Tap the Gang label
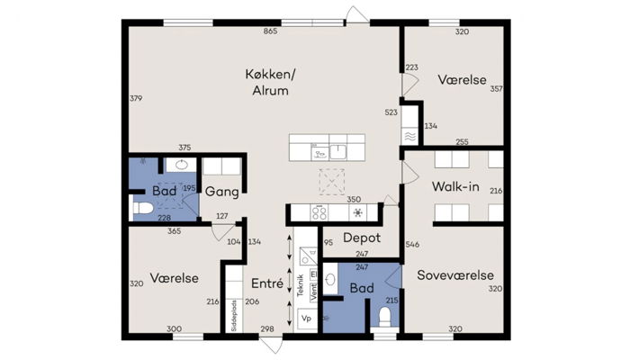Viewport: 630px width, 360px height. click(x=220, y=192)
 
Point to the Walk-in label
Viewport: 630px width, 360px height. click(x=454, y=187)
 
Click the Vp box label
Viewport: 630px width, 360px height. click(x=306, y=319)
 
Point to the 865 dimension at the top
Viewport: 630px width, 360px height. click(x=269, y=32)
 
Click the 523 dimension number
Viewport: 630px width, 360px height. click(x=391, y=112)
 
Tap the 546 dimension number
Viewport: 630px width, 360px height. click(x=412, y=244)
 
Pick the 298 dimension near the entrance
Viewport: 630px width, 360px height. click(x=267, y=329)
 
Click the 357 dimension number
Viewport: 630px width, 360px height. click(x=496, y=89)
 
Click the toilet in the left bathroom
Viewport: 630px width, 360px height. click(x=142, y=209)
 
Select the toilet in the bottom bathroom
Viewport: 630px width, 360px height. click(x=384, y=315)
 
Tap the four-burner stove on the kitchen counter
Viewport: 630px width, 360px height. click(x=321, y=213)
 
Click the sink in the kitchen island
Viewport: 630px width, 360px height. click(x=338, y=151)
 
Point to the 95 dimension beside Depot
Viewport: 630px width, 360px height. click(x=328, y=242)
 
